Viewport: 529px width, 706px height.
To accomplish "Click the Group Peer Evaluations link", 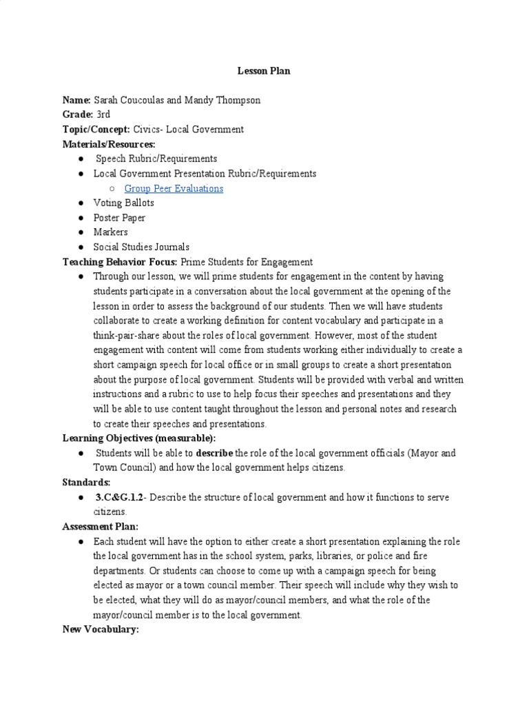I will [x=174, y=188].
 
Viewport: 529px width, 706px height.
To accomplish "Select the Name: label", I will [x=76, y=100].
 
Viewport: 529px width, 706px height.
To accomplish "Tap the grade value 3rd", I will [x=103, y=114].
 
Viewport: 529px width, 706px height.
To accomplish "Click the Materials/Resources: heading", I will [x=109, y=144].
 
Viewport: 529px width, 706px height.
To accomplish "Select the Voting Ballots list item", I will [x=124, y=203].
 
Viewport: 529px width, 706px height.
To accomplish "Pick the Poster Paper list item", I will [x=119, y=218].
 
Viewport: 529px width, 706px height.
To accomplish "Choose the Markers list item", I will [x=110, y=232].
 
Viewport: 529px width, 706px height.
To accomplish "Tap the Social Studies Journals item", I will [x=141, y=247].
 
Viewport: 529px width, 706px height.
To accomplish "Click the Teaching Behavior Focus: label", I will [x=120, y=262].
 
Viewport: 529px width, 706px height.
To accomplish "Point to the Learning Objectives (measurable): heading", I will [x=139, y=438].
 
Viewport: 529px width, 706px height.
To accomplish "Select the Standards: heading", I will [x=86, y=482].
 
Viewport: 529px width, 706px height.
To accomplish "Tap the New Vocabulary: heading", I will [x=101, y=629].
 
